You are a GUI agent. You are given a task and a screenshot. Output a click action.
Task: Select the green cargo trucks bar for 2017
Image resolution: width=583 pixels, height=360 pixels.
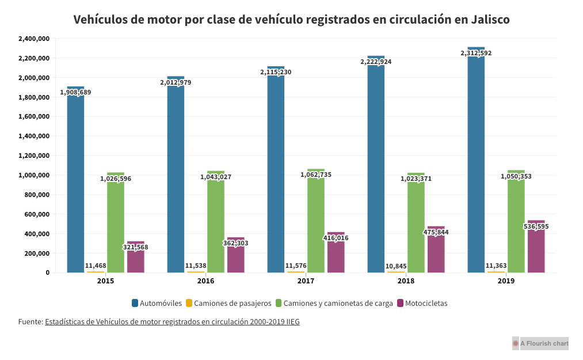tap(316, 225)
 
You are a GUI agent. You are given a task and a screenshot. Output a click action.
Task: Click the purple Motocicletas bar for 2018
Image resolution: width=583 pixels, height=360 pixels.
tap(436, 253)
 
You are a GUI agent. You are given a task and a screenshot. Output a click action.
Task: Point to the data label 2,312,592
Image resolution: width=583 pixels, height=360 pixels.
tap(476, 53)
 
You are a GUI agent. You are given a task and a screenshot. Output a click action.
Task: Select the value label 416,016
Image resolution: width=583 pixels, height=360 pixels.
tap(336, 238)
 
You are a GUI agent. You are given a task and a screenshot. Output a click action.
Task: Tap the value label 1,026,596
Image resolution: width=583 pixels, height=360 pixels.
tap(116, 179)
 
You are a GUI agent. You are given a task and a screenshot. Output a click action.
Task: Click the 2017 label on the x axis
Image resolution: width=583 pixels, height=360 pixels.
tap(306, 281)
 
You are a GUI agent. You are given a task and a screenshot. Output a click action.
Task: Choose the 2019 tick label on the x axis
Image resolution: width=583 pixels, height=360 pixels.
tap(506, 281)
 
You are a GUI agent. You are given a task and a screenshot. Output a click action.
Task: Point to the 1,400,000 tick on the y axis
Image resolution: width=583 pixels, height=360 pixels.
tap(34, 137)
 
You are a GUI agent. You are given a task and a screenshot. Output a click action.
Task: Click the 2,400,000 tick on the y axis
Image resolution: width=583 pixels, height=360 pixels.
tap(34, 39)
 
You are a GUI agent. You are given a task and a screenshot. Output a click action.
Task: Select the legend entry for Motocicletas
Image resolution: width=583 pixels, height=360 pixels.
tap(426, 303)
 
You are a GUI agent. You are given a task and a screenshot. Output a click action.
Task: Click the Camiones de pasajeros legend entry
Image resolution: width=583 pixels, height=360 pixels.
tap(233, 303)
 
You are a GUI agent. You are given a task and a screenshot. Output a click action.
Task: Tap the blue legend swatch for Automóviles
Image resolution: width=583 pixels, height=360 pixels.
tap(135, 303)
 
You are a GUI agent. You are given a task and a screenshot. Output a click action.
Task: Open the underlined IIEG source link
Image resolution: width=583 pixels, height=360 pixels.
tap(172, 322)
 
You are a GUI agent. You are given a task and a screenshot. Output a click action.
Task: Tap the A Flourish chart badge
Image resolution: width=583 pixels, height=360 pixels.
tap(540, 343)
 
